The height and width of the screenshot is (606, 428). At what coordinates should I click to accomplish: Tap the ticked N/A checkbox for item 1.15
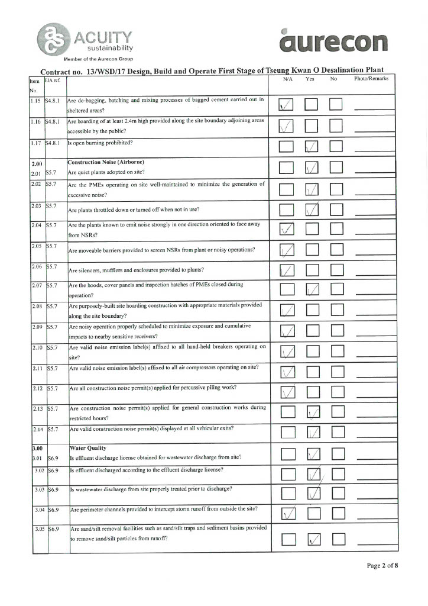point(286,105)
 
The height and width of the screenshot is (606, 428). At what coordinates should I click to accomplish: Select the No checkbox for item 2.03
point(336,209)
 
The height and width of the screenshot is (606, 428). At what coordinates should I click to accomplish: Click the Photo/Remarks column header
point(371,79)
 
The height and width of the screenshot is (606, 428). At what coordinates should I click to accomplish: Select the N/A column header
point(288,79)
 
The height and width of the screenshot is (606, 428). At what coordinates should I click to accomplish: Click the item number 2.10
point(37,347)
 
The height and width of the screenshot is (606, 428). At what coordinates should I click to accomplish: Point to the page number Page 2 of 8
point(382,565)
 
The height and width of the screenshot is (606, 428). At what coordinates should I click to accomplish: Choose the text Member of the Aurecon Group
point(99,59)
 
